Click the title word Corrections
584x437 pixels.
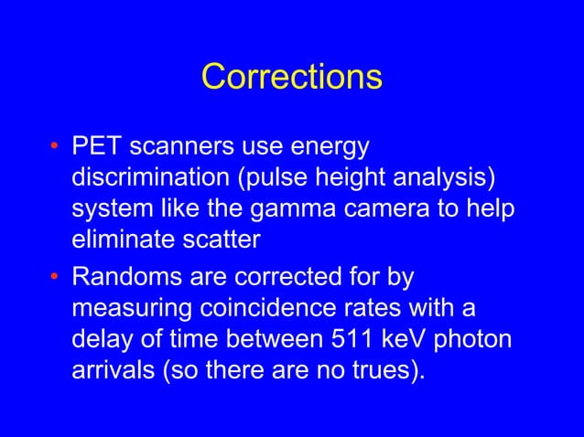coord(291,77)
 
